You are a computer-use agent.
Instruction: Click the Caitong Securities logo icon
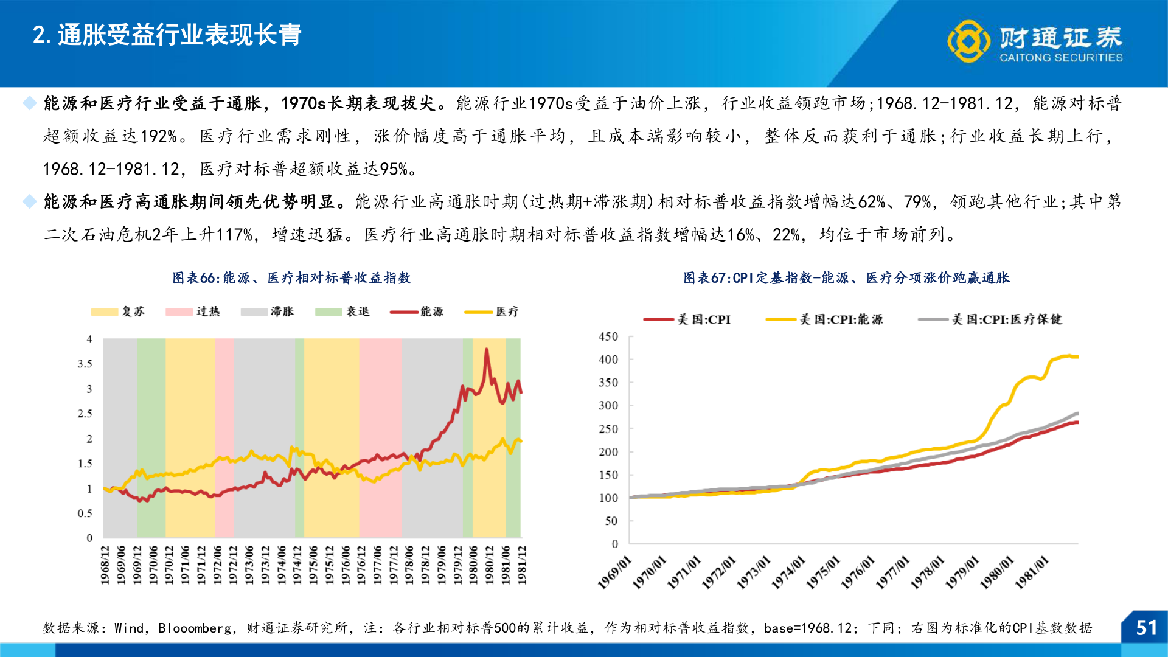click(x=968, y=41)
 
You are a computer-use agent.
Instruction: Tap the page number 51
click(x=1146, y=628)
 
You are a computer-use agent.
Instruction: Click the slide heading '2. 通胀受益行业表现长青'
click(x=167, y=35)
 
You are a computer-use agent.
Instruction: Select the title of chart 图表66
click(x=291, y=278)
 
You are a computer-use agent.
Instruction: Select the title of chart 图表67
click(x=846, y=278)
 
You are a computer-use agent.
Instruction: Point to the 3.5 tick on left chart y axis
click(x=85, y=364)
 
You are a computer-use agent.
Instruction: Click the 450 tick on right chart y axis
click(x=608, y=336)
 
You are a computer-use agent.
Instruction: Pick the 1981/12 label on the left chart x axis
click(x=521, y=565)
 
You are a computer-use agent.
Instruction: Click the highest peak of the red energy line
click(x=486, y=350)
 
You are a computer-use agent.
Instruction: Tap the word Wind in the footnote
click(x=129, y=628)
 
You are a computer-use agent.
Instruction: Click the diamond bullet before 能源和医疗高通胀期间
click(x=29, y=201)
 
